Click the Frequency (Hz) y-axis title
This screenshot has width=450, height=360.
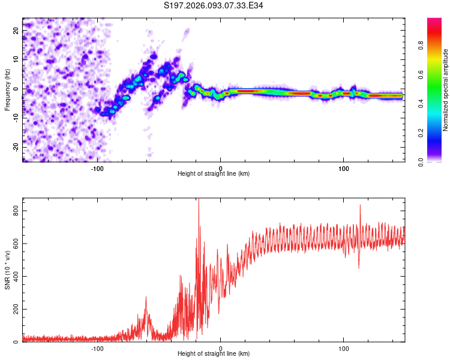[7, 89]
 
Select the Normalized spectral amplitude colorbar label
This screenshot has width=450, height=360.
[446, 90]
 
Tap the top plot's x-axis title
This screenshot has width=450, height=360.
[214, 173]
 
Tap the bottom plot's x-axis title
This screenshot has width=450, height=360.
[214, 354]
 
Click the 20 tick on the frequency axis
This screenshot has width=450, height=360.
[16, 30]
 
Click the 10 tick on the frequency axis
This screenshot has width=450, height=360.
[16, 59]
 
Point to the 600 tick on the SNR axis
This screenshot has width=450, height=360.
[14, 244]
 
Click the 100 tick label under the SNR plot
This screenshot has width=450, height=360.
[344, 348]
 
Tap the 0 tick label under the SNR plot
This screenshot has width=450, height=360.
[220, 348]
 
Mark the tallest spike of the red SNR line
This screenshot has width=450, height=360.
[199, 200]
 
